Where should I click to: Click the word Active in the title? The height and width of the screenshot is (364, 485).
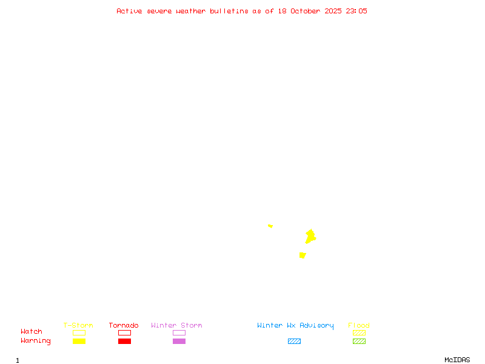(x=129, y=11)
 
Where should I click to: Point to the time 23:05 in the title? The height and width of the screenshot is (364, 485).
(x=356, y=11)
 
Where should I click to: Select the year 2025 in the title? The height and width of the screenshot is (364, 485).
(x=333, y=11)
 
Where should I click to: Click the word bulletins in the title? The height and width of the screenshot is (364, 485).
(x=229, y=11)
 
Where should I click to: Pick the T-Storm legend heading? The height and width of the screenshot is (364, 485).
(x=78, y=326)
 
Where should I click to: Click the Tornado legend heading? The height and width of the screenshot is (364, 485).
(x=124, y=326)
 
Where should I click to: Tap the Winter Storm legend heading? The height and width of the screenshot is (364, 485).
(x=176, y=326)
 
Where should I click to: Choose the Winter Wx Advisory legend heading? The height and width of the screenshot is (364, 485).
(x=295, y=326)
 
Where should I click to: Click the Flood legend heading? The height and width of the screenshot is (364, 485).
(x=359, y=326)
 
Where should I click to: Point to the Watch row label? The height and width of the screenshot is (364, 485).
(x=32, y=332)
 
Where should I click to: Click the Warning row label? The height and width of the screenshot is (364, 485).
(x=36, y=341)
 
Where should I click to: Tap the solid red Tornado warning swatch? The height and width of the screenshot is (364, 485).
(x=124, y=341)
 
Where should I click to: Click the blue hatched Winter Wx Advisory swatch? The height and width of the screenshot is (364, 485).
(x=294, y=341)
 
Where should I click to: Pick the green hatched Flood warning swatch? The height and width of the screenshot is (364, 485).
(x=359, y=341)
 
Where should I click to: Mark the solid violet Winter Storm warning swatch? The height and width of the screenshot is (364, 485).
(x=179, y=341)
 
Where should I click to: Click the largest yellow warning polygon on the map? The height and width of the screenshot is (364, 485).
(x=310, y=236)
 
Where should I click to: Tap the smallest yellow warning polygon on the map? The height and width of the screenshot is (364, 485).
(x=270, y=226)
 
